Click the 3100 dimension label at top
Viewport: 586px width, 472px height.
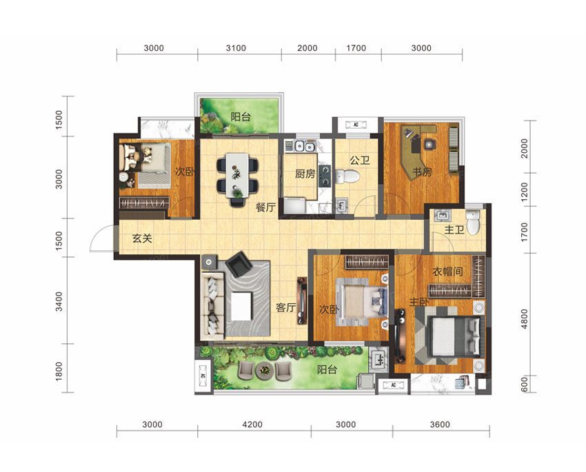point(236,48)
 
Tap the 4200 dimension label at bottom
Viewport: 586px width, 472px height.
point(252,424)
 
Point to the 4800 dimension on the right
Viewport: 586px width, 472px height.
point(525,319)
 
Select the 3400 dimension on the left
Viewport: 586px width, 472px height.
point(59,302)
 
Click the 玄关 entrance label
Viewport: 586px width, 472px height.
point(142,238)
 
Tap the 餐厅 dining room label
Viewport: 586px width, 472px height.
point(265,207)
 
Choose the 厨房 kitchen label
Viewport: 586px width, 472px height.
point(305,174)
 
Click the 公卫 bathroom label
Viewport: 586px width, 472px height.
point(359,160)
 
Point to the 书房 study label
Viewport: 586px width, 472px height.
point(422,172)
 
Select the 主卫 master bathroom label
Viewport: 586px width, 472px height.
point(454,229)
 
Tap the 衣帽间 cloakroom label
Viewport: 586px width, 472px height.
point(447,271)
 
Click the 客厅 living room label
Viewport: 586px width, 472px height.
point(286,307)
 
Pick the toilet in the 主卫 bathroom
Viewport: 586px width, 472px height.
point(473,222)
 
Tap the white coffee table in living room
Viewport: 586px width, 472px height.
point(241,306)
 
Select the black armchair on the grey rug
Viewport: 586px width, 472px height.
point(239,264)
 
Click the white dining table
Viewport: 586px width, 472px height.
point(237,176)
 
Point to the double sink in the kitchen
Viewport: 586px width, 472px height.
point(303,146)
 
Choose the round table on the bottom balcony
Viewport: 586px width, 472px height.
point(265,371)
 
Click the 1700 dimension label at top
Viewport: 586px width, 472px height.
point(356,48)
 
